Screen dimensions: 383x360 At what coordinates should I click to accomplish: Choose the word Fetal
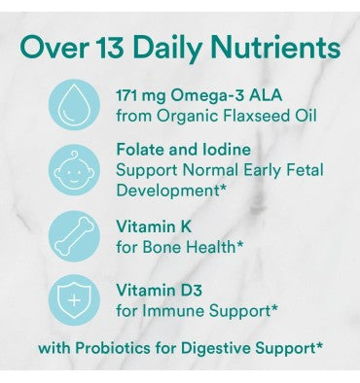coord(301,172)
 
